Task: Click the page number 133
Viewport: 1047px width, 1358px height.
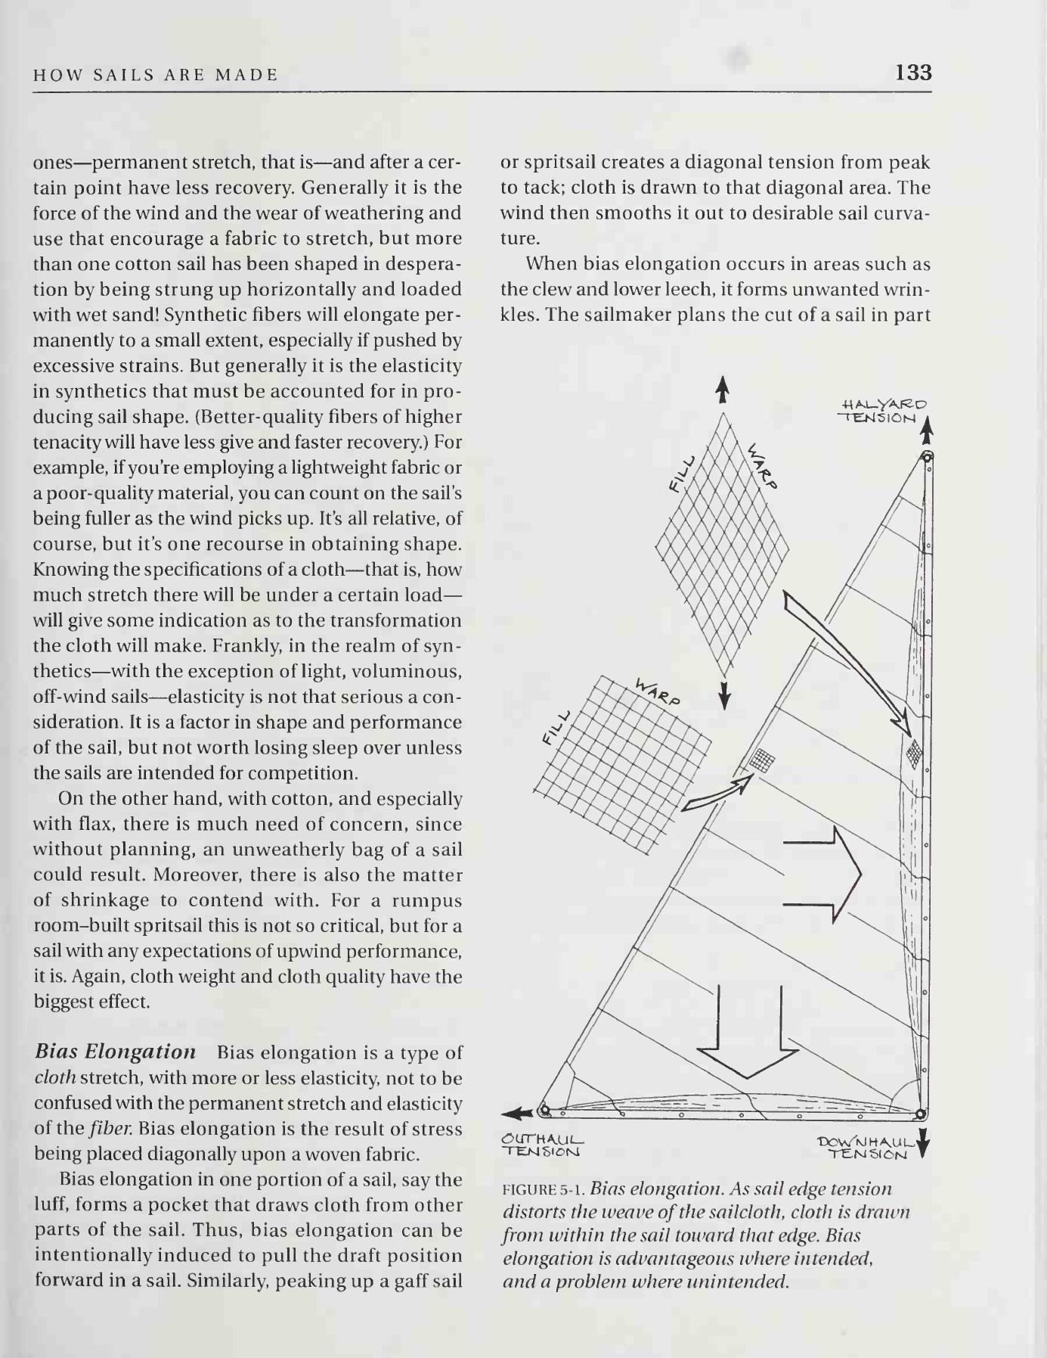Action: (x=913, y=73)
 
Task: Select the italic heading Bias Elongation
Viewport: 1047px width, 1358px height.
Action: (x=116, y=1052)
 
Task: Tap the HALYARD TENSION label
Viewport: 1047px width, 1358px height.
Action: (x=881, y=410)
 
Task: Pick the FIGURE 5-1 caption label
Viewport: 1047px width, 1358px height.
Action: (x=544, y=1189)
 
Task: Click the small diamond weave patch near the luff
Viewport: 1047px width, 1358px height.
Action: (x=914, y=752)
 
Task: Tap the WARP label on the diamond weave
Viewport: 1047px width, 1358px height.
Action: (x=763, y=466)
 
